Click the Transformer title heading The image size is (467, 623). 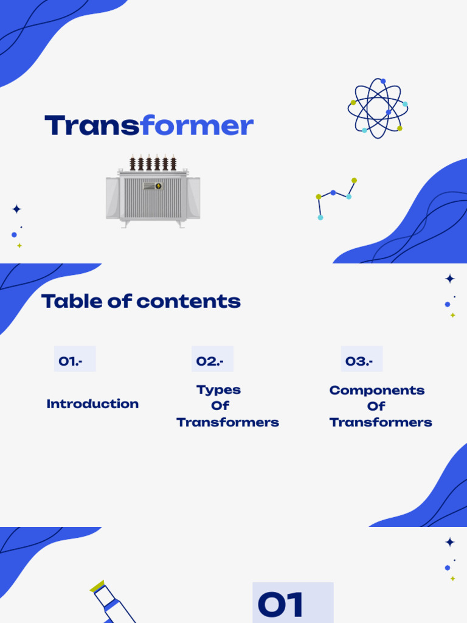click(x=149, y=126)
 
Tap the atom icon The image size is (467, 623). click(x=378, y=108)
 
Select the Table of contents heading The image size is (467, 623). click(x=141, y=301)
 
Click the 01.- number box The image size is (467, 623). click(x=74, y=361)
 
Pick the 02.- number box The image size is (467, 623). click(x=212, y=361)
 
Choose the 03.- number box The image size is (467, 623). click(x=362, y=361)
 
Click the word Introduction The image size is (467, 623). click(x=92, y=404)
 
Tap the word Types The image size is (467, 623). click(x=219, y=390)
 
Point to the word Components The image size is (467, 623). click(x=377, y=390)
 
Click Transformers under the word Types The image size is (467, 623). click(x=228, y=422)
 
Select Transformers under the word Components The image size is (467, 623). click(x=381, y=422)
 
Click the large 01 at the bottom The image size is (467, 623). click(x=280, y=605)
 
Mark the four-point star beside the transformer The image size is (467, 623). click(x=16, y=209)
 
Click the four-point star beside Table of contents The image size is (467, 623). click(x=450, y=279)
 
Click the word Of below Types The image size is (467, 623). click(x=220, y=406)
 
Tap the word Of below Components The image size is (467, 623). click(x=376, y=406)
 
